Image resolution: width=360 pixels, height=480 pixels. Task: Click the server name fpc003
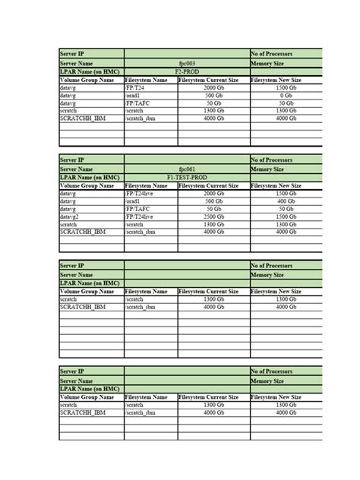click(x=186, y=64)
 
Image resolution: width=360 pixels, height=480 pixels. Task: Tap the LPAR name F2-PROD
click(x=186, y=71)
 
